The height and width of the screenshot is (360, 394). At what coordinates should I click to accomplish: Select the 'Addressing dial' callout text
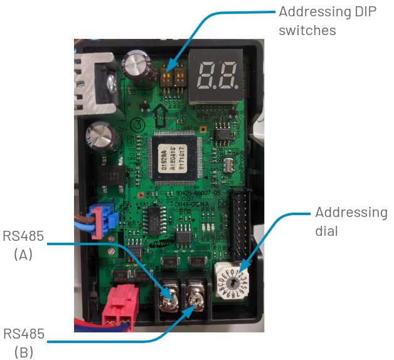(x=351, y=221)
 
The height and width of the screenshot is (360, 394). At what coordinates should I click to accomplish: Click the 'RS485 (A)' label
(x=24, y=245)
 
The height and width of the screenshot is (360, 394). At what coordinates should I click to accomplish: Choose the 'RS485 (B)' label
(x=24, y=342)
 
